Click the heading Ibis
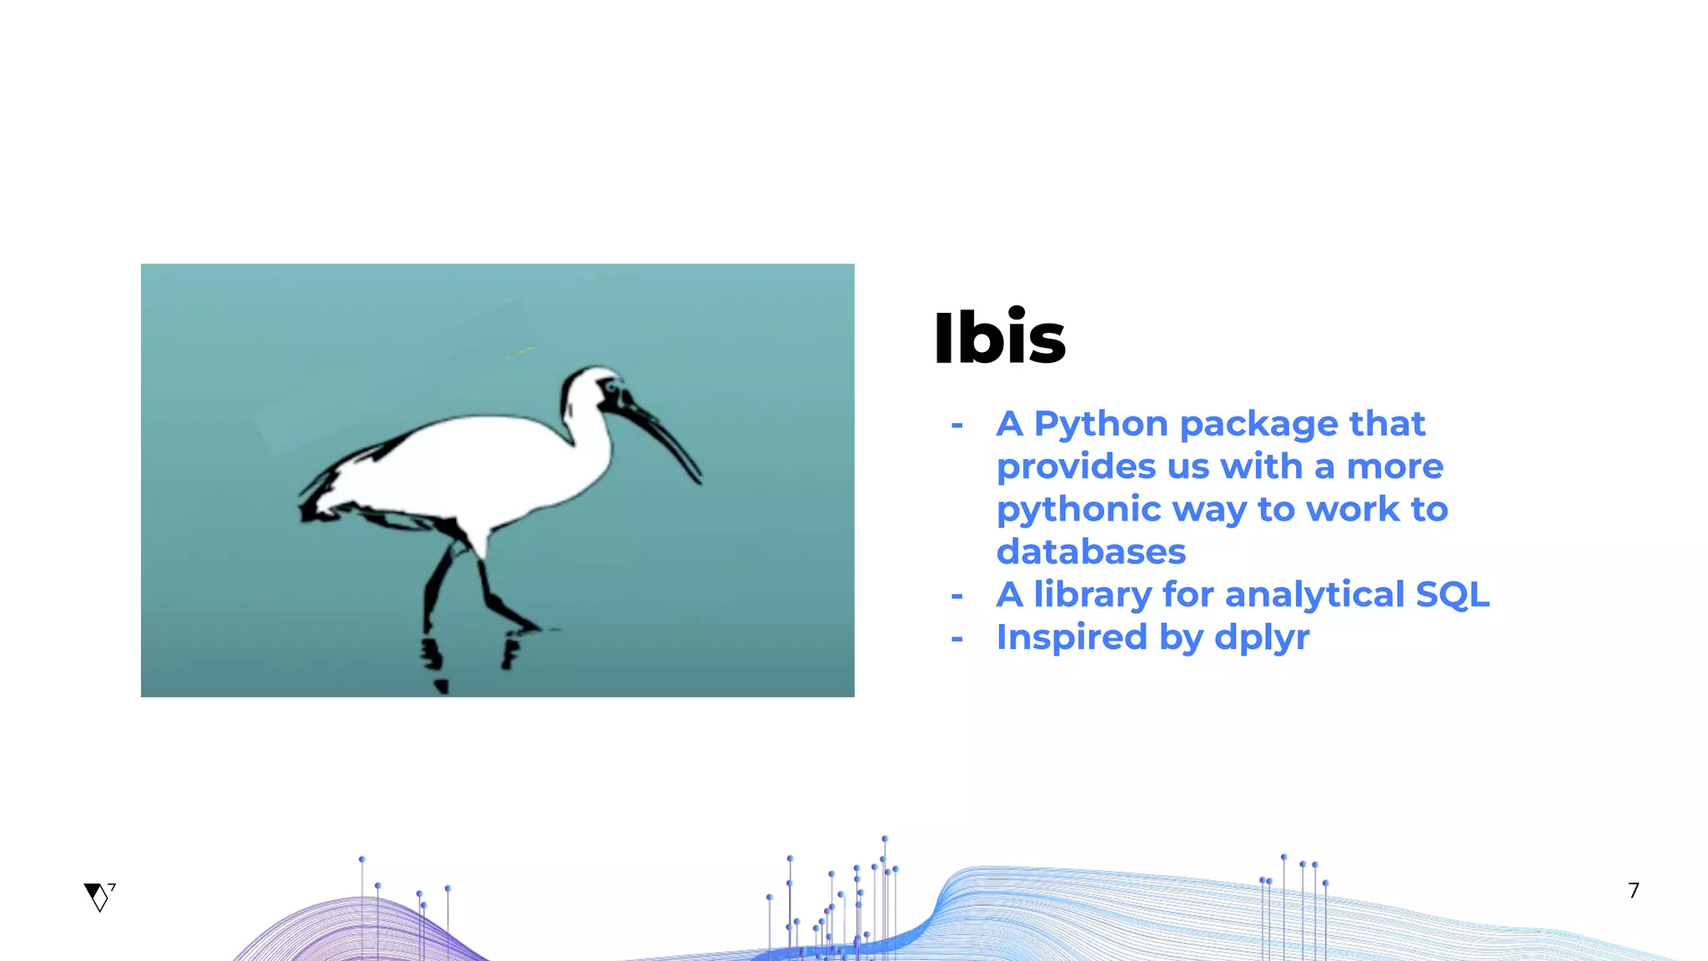(999, 338)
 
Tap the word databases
(1091, 551)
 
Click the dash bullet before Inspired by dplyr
(957, 639)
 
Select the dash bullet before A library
(957, 596)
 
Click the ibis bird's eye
(611, 387)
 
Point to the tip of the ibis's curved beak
(698, 480)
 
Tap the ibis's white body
(467, 467)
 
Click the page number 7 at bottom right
(1634, 891)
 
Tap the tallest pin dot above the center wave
(885, 839)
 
